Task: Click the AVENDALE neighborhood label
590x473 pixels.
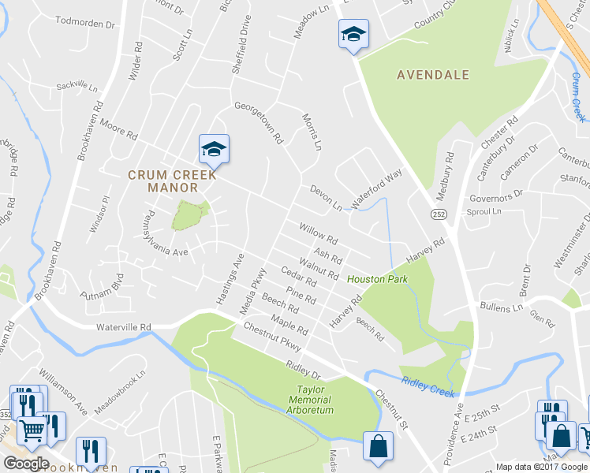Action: [x=433, y=75]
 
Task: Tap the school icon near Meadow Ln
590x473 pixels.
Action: [x=354, y=34]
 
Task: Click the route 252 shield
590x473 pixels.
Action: [x=439, y=214]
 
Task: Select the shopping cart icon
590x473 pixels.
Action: [x=32, y=430]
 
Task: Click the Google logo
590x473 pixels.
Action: [x=26, y=464]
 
